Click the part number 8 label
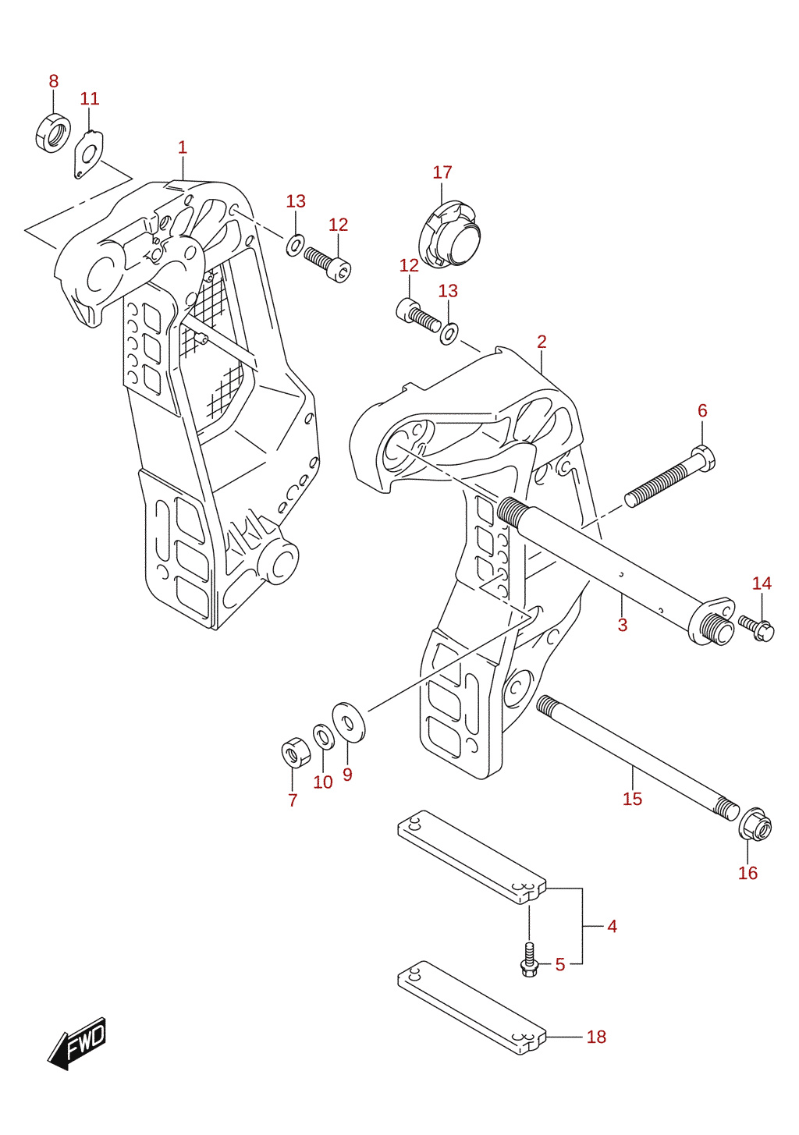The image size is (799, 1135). coord(53,81)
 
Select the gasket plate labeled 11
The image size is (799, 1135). coord(88,154)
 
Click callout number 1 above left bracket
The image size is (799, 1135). coord(182,148)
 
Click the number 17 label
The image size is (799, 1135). coord(442,172)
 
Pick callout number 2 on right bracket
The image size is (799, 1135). coord(542,342)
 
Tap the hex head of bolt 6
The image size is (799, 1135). coord(703,456)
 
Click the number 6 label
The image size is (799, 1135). coord(702,410)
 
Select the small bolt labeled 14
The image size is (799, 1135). coord(756,628)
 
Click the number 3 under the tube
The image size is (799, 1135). coord(623,625)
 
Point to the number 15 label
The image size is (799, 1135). coord(632,799)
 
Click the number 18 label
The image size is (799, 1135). coord(596,1037)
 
